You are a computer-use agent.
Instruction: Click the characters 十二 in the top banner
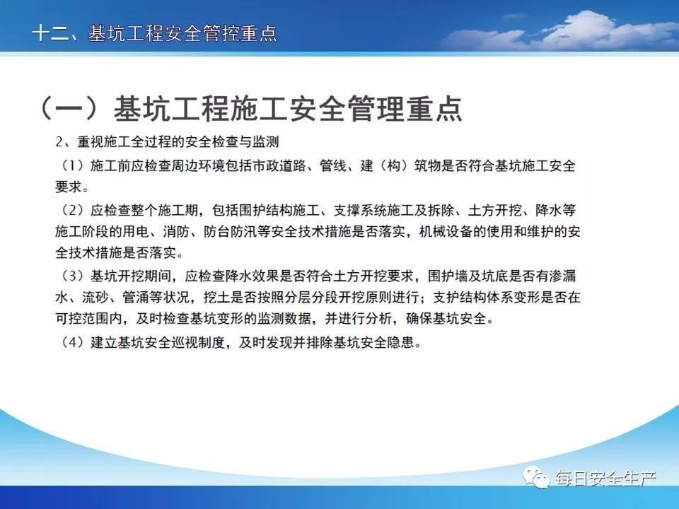pos(50,33)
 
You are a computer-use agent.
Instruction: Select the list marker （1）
pos(71,165)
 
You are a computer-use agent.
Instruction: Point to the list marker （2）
pos(71,211)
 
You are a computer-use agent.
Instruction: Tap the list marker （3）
pos(71,276)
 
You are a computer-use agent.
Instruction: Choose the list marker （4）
pos(71,342)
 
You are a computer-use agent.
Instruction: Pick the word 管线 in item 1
pos(333,165)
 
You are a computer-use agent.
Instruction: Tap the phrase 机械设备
pos(446,232)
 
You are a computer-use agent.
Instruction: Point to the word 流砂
pos(95,298)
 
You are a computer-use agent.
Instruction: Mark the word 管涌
pos(136,298)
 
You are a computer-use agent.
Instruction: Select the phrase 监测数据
pos(284,319)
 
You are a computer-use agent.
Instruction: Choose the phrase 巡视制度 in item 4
pos(198,342)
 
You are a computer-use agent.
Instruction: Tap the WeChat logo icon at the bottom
pos(537,477)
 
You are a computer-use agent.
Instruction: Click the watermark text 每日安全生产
pos(606,479)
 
